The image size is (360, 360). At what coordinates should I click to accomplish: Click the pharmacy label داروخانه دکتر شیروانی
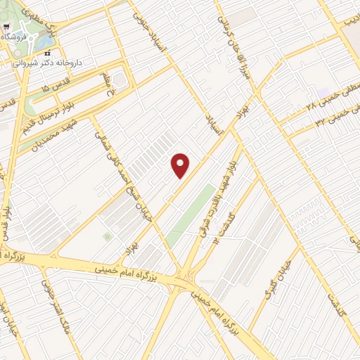pos(48,63)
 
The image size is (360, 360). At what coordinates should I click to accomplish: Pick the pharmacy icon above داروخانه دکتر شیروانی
pos(48,53)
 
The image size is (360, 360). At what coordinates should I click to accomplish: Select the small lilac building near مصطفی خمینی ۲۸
pos(323,94)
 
